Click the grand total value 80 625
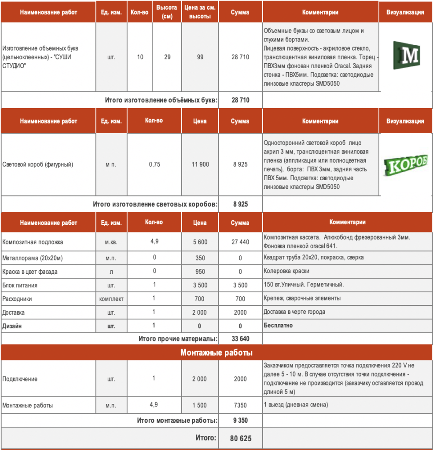[240, 439]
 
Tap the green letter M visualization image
[406, 55]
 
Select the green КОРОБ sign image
[405, 165]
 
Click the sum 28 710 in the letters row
[240, 57]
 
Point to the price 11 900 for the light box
[200, 164]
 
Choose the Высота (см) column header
[167, 12]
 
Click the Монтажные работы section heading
[216, 352]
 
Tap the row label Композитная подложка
[33, 242]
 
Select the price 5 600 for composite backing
[200, 242]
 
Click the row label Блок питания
[20, 285]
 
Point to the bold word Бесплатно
[278, 326]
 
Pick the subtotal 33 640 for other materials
[240, 339]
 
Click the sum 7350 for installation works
[240, 405]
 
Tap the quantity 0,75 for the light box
[154, 164]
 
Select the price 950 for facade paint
[200, 272]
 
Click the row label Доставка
[14, 312]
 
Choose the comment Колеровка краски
[286, 272]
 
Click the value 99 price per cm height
[200, 57]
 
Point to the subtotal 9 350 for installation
[240, 421]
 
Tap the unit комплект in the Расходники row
[111, 299]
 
